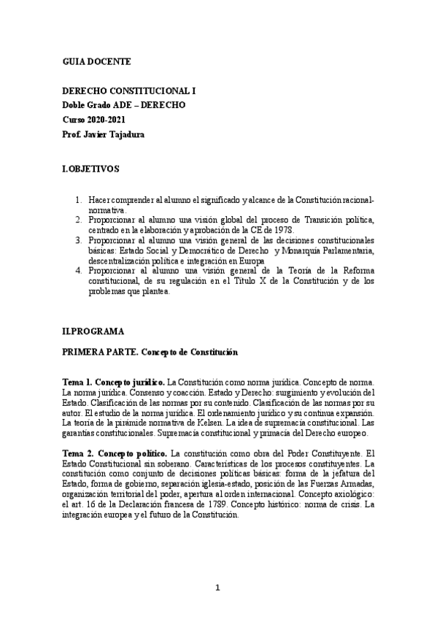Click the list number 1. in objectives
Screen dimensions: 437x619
tap(80, 199)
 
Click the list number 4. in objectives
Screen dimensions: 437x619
tap(80, 271)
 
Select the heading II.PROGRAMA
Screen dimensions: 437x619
tap(93, 331)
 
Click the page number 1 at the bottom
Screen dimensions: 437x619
tap(217, 587)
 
